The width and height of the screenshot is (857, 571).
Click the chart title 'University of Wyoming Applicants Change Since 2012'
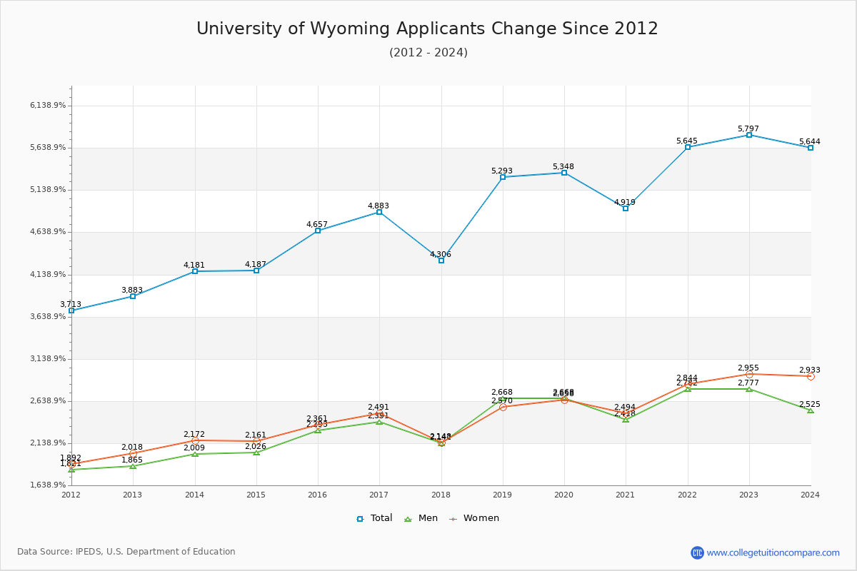pyautogui.click(x=427, y=29)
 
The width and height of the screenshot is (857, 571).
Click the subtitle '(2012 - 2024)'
pyautogui.click(x=428, y=53)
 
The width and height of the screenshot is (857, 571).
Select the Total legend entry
pyautogui.click(x=374, y=518)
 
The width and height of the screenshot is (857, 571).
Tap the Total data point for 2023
pyautogui.click(x=749, y=135)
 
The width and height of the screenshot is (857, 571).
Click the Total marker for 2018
pyautogui.click(x=441, y=261)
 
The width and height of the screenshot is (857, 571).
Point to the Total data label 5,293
pyautogui.click(x=502, y=171)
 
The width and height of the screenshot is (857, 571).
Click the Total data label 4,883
pyautogui.click(x=379, y=206)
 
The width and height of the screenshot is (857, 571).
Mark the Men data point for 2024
pyautogui.click(x=811, y=410)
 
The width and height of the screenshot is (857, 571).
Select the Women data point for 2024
pyautogui.click(x=811, y=376)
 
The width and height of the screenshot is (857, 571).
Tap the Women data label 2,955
pyautogui.click(x=748, y=368)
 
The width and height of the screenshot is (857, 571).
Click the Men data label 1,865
pyautogui.click(x=132, y=460)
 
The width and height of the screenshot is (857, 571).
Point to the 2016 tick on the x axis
pyautogui.click(x=318, y=495)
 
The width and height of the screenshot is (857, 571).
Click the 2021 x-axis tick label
pyautogui.click(x=626, y=495)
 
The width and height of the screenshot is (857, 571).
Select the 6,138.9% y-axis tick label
pyautogui.click(x=48, y=106)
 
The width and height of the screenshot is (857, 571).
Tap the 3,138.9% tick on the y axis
pyautogui.click(x=48, y=359)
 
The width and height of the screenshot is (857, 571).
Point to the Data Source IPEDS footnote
pyautogui.click(x=126, y=552)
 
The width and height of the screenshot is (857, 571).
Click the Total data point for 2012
pyautogui.click(x=71, y=310)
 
